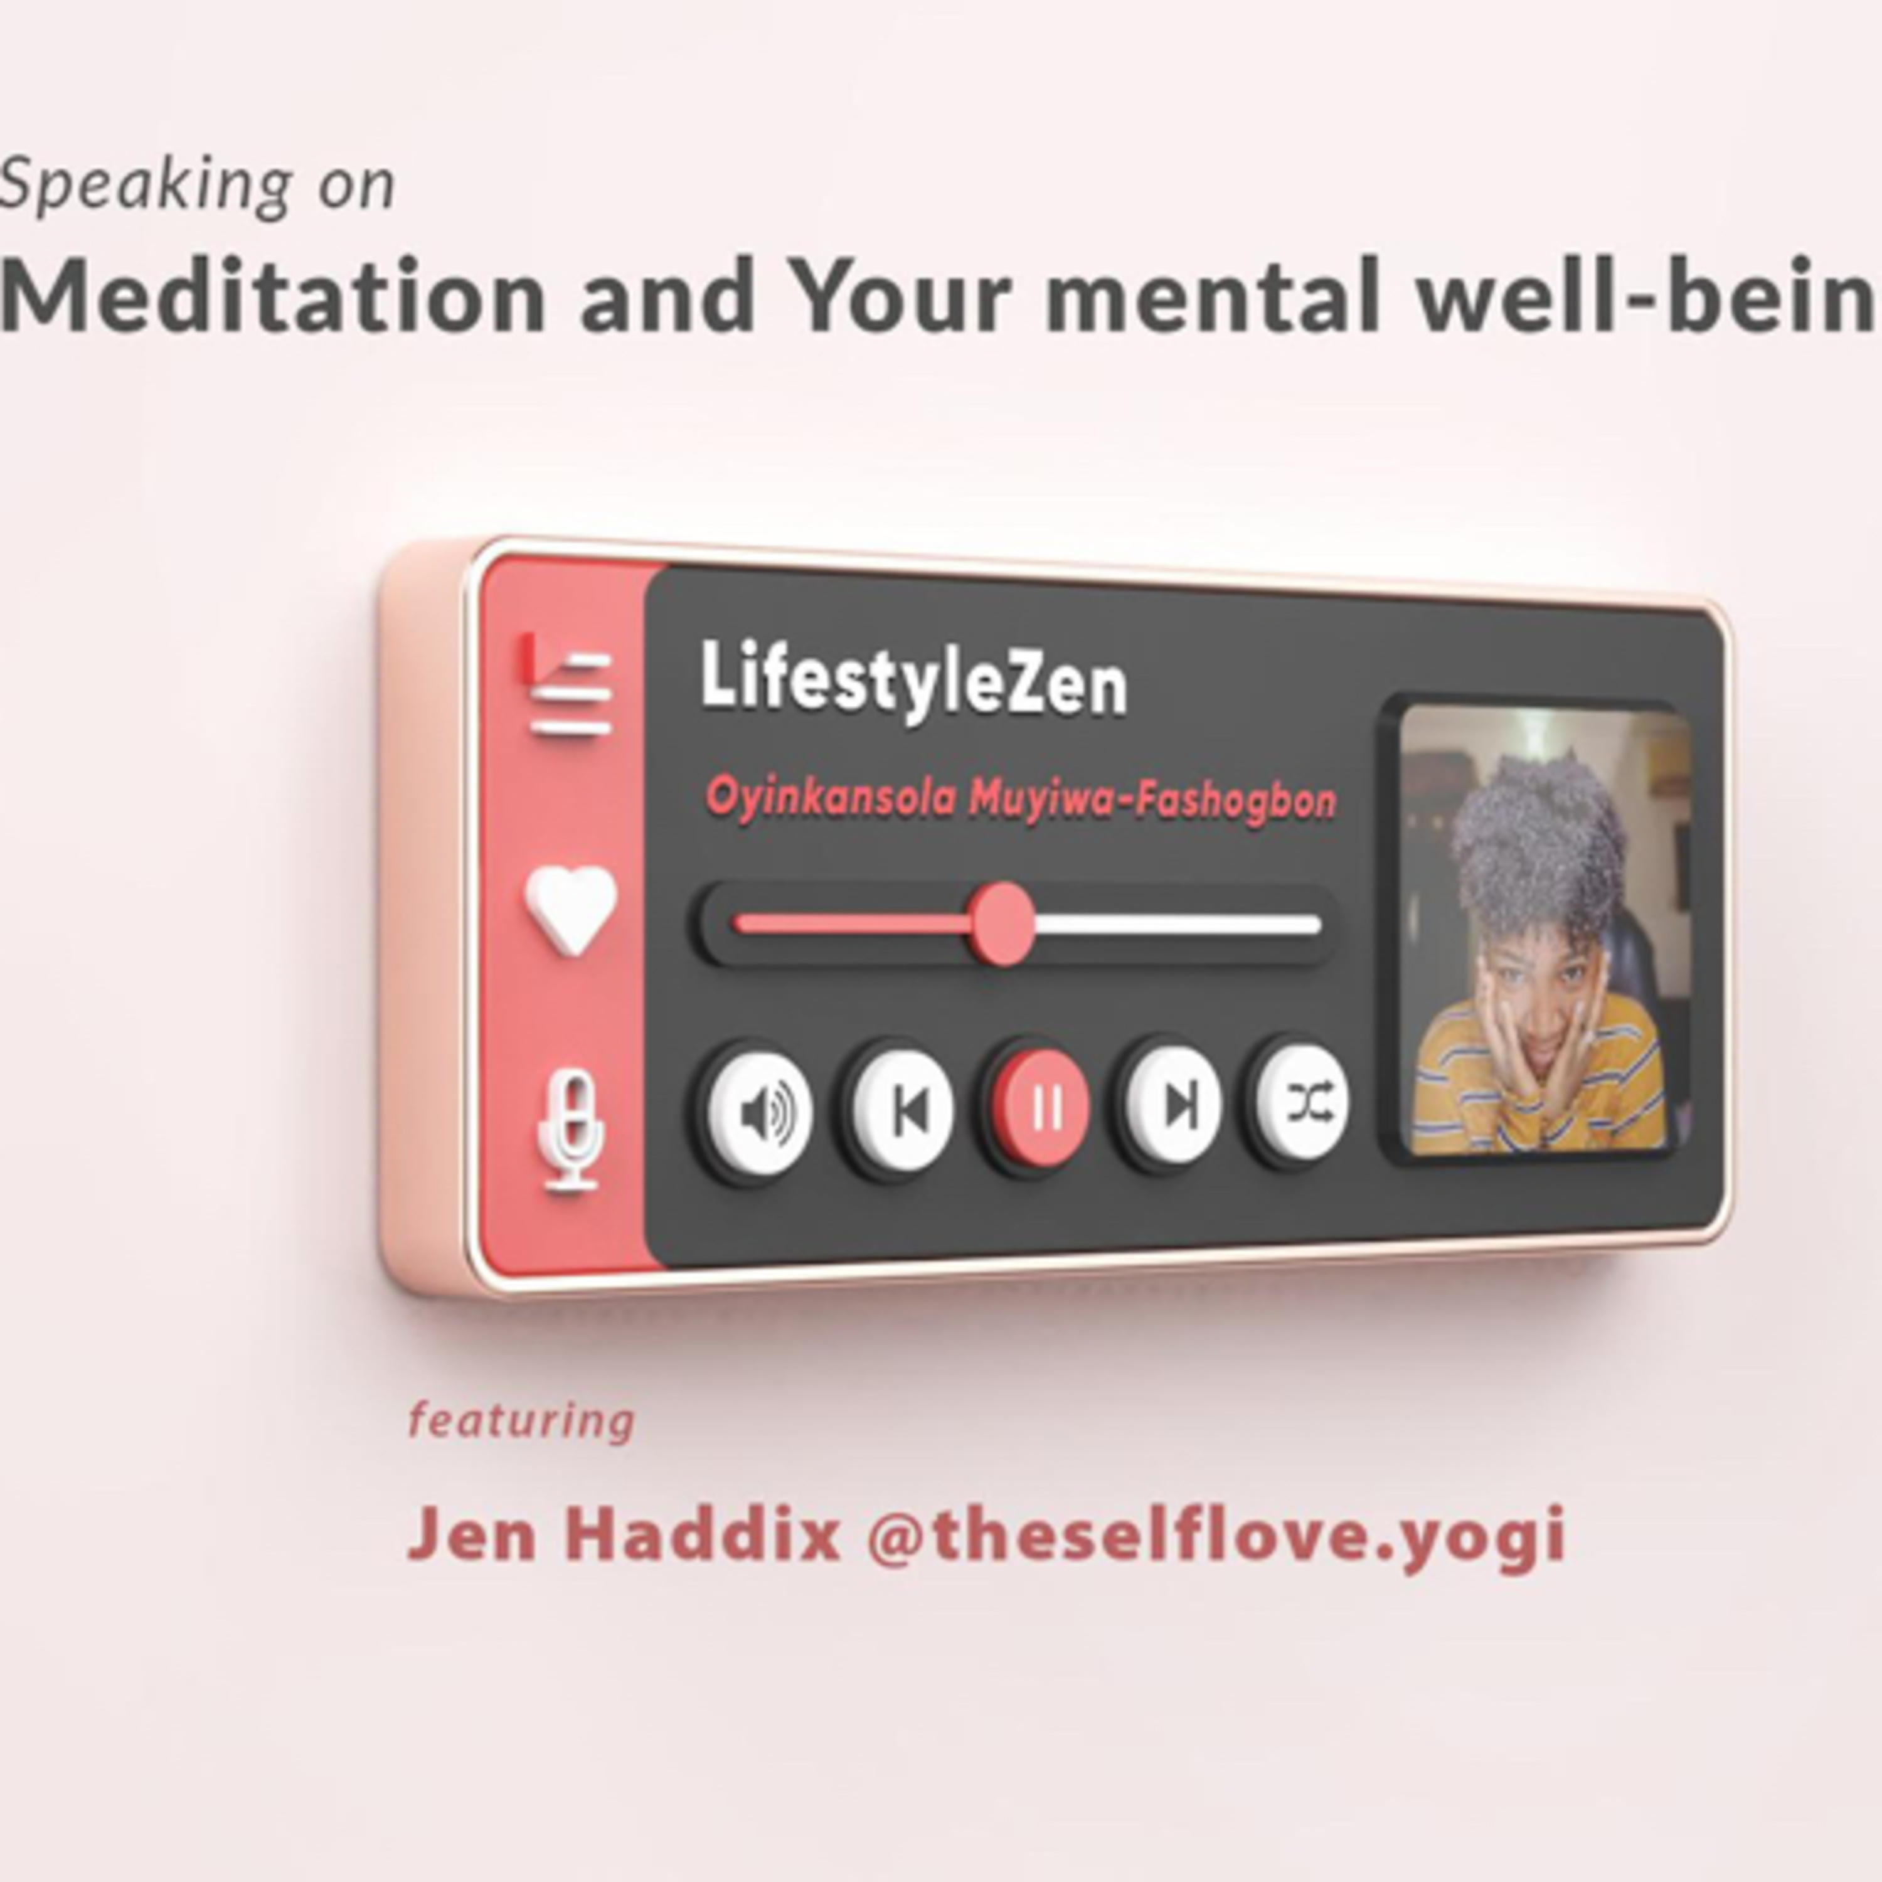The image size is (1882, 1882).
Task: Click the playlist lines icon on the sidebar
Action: coord(568,686)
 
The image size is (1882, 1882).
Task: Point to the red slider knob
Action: coord(1003,923)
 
